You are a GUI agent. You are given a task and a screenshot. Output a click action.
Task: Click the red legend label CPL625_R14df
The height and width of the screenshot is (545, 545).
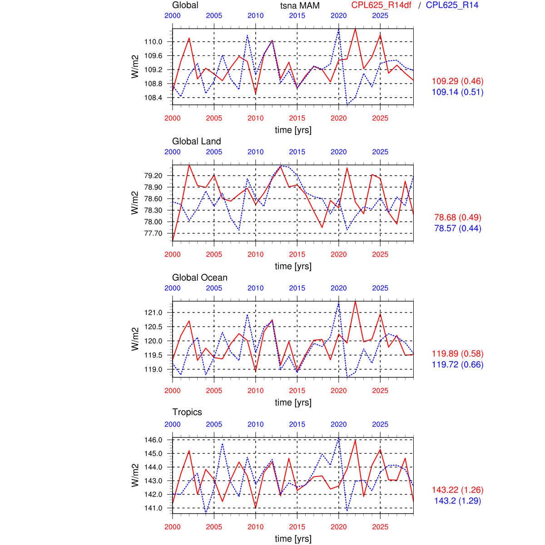tap(381, 5)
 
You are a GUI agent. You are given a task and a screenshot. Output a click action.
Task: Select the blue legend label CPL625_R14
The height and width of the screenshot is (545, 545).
tap(452, 5)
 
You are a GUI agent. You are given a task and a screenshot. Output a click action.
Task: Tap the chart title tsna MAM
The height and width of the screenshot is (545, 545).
tap(300, 5)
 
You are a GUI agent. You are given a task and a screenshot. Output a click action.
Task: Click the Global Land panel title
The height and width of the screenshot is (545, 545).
tap(196, 141)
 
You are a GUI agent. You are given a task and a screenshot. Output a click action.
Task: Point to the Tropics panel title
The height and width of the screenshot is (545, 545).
tap(187, 412)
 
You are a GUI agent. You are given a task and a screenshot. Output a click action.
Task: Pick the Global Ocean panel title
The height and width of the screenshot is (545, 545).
tap(199, 277)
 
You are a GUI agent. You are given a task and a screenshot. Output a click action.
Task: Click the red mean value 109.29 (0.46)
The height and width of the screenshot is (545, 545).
tap(457, 81)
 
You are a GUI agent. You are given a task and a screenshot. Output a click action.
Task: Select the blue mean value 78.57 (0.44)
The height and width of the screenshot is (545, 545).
tap(457, 228)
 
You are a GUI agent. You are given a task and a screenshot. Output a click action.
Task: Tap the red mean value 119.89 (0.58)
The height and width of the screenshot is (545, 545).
tap(457, 354)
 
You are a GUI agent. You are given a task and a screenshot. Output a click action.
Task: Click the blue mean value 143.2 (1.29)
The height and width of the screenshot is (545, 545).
tap(457, 501)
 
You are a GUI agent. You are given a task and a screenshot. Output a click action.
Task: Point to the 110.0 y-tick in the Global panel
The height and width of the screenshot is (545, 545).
tap(153, 42)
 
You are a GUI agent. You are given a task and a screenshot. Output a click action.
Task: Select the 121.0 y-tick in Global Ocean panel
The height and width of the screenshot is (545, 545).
tap(153, 312)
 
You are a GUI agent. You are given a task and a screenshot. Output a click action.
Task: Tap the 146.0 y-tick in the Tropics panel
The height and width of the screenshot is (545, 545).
tap(153, 440)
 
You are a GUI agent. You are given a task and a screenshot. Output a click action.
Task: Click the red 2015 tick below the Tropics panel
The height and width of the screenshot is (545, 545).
tap(297, 527)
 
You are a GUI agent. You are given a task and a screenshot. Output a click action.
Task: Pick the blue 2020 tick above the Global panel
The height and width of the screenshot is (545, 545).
tap(338, 15)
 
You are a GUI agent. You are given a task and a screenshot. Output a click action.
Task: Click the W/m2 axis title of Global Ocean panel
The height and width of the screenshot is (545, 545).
tap(135, 339)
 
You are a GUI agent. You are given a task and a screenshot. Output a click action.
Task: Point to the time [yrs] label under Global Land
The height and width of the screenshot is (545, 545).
tap(293, 266)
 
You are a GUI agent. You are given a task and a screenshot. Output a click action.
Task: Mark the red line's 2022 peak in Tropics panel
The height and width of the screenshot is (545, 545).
tap(355, 440)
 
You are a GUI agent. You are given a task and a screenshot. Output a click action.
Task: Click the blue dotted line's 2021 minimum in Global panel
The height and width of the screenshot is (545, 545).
tap(347, 104)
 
